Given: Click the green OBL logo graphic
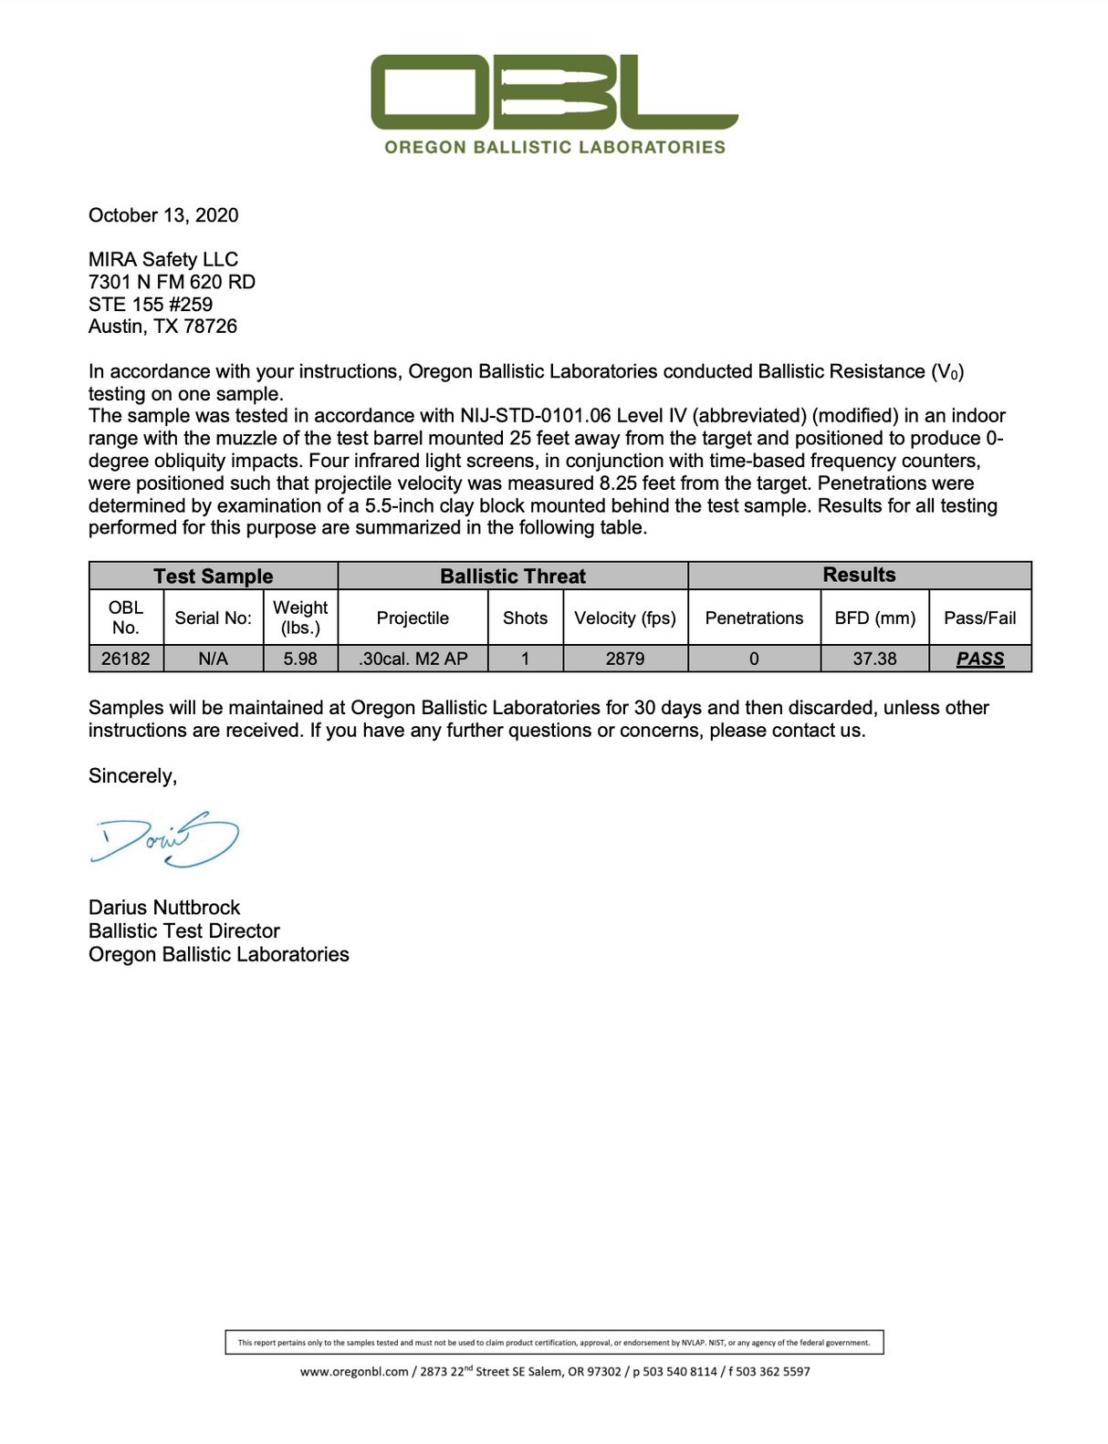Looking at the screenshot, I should (x=554, y=92).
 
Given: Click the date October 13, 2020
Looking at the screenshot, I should (x=163, y=215).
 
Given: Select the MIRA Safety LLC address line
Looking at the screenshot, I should (x=163, y=259).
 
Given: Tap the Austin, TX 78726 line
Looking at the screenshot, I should (x=162, y=327).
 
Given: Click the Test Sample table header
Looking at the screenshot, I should (x=214, y=576).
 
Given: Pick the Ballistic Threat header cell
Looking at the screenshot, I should (x=513, y=576).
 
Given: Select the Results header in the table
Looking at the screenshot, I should (x=859, y=575).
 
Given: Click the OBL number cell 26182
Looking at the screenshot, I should (x=126, y=659).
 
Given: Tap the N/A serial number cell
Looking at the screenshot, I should (x=214, y=659).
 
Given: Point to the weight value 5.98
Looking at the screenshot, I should (x=300, y=659).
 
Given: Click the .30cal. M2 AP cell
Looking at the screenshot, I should (x=413, y=659).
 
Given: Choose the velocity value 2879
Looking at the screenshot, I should (x=625, y=659).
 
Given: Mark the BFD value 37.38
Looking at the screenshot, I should (x=874, y=659).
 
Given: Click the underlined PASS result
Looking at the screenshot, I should (x=980, y=659).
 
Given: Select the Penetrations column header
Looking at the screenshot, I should (x=754, y=618).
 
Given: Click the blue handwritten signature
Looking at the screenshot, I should (x=165, y=838).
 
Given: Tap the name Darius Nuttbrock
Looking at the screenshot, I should (x=164, y=908).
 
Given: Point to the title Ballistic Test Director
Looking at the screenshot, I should (x=184, y=930).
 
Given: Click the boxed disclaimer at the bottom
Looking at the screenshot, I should (x=554, y=1342).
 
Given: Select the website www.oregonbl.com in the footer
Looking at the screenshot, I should (x=354, y=1372).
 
